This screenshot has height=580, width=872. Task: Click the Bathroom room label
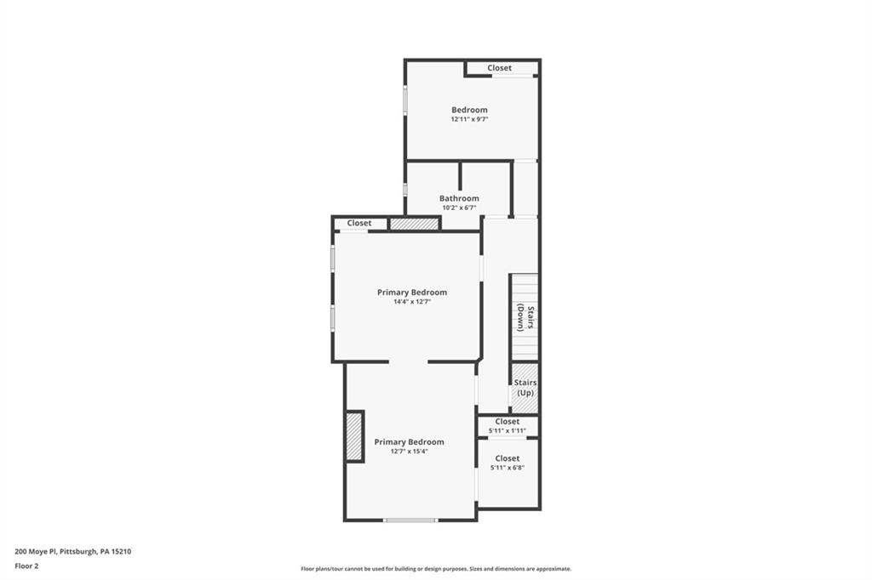pos(459,198)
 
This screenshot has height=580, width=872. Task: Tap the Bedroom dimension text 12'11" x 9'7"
pos(469,120)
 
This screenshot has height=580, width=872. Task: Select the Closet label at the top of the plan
pos(500,68)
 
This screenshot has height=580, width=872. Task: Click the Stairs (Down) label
pos(525,317)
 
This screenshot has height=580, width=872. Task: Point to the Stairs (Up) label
pos(525,388)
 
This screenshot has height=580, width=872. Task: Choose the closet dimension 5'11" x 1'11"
pos(508,431)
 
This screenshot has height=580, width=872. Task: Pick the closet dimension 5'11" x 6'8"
pos(508,468)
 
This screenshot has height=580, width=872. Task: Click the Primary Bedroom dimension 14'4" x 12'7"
pos(412,302)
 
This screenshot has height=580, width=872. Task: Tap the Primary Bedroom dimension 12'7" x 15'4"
pos(409,452)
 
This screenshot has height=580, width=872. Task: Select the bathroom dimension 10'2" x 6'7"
pos(459,208)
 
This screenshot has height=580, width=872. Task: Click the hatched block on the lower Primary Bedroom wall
pos(354,436)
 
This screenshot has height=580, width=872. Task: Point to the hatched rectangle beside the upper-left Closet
pos(414,224)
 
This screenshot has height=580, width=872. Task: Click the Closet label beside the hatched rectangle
pos(359,224)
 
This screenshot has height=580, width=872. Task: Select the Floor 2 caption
pos(26,566)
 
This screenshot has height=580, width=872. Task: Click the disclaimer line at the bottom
pos(436,569)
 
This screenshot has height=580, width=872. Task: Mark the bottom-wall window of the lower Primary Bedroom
pos(410,520)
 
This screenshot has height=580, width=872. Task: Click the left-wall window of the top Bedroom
pos(405,100)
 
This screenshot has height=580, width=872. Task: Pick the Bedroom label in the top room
pos(469,110)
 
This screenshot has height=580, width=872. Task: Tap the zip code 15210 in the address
pos(121,551)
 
